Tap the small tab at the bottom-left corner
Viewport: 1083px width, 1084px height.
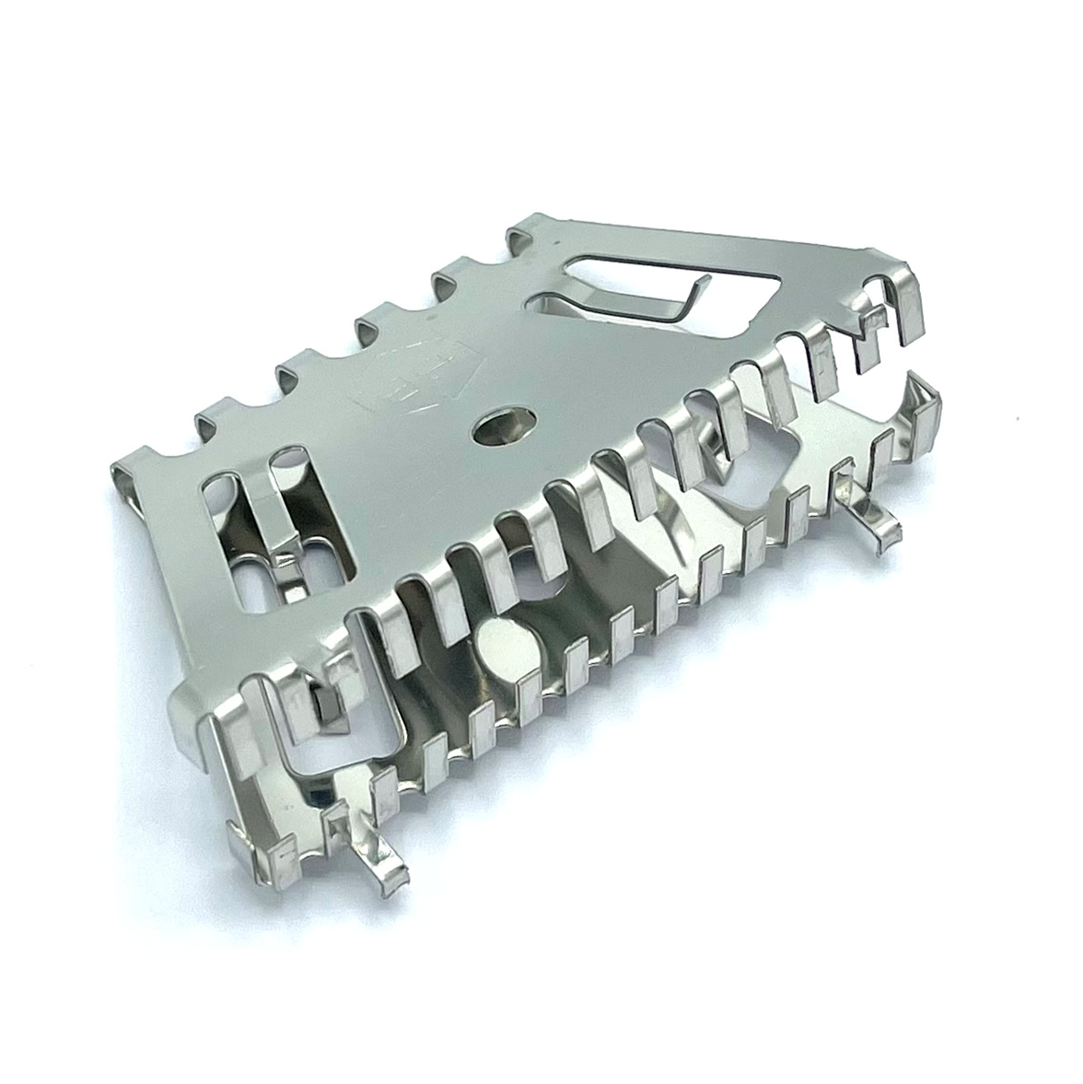click(x=267, y=857)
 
